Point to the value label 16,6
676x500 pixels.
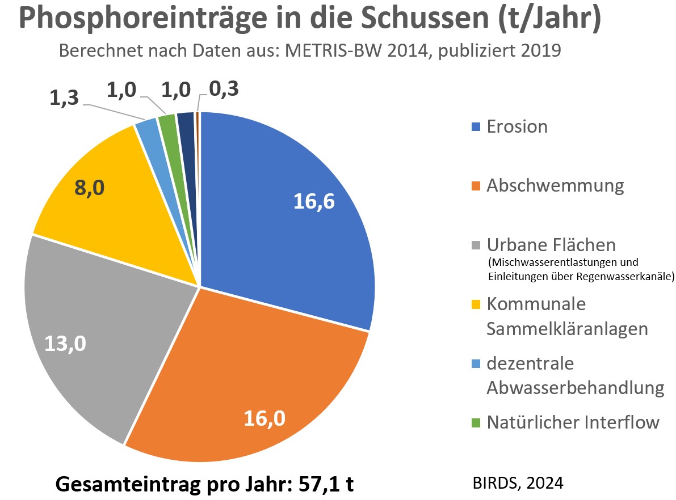coord(314,201)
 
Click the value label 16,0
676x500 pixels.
coord(264,418)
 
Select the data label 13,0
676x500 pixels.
coord(66,344)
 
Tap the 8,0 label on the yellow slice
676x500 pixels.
coord(89,188)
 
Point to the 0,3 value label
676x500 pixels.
coord(224,89)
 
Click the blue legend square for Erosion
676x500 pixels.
coord(476,126)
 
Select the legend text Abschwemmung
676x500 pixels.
coord(555,186)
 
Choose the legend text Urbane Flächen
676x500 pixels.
coord(551,245)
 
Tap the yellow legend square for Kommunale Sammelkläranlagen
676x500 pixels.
coord(476,305)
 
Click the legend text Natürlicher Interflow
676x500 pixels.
coord(573,422)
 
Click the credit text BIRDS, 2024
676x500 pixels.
coord(518,484)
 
